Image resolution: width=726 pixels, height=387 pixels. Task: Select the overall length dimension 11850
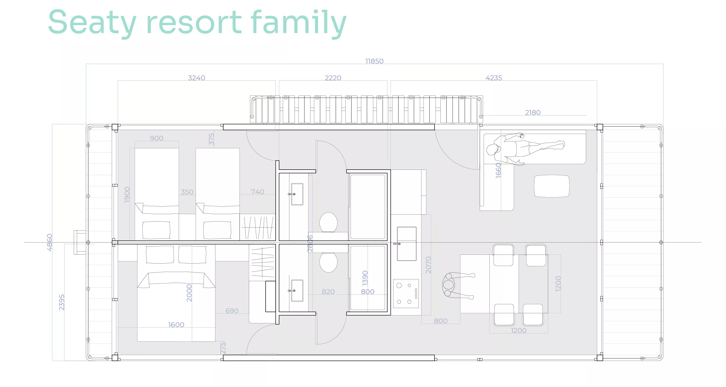tap(374, 61)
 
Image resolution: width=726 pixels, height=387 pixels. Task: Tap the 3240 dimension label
tap(196, 78)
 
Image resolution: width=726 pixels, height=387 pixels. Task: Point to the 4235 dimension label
tap(494, 78)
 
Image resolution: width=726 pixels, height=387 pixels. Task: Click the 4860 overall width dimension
tap(50, 242)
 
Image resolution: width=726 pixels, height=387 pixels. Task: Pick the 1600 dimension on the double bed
tap(176, 325)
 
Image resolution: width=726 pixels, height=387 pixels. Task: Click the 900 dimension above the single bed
tap(157, 138)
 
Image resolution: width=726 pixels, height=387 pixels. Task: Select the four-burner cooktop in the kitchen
tap(406, 294)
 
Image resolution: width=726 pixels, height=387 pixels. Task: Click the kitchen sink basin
tap(407, 244)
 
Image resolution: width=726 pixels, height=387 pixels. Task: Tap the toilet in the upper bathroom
tap(328, 222)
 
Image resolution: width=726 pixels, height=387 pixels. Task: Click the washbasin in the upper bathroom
tap(297, 194)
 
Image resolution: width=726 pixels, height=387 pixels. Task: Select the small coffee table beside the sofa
tap(552, 186)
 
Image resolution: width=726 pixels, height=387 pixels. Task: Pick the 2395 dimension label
tap(62, 302)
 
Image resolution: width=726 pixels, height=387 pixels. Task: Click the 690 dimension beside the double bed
tap(232, 311)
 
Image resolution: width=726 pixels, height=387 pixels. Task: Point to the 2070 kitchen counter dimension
tap(428, 265)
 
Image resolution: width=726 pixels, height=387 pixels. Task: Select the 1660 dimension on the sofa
tap(499, 170)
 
